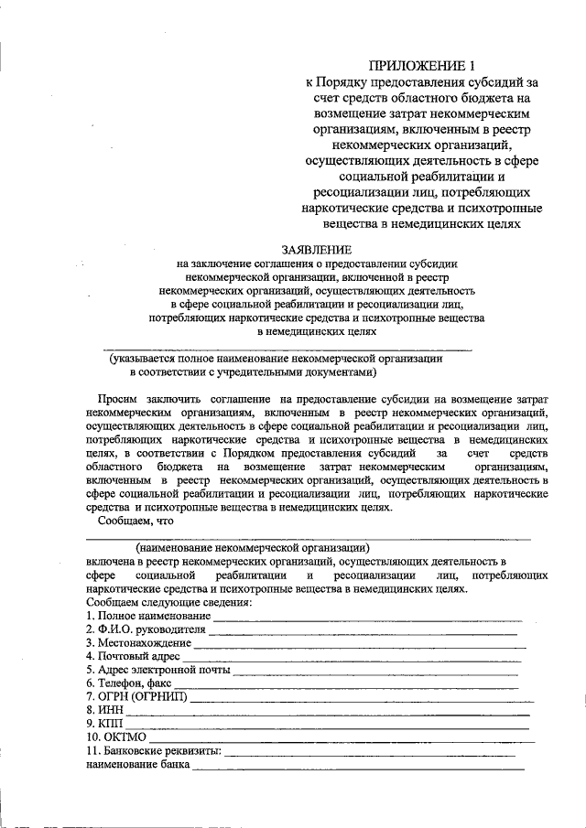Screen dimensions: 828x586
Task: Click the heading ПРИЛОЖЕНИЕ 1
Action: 423,65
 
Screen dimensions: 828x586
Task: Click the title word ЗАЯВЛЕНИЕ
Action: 318,249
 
